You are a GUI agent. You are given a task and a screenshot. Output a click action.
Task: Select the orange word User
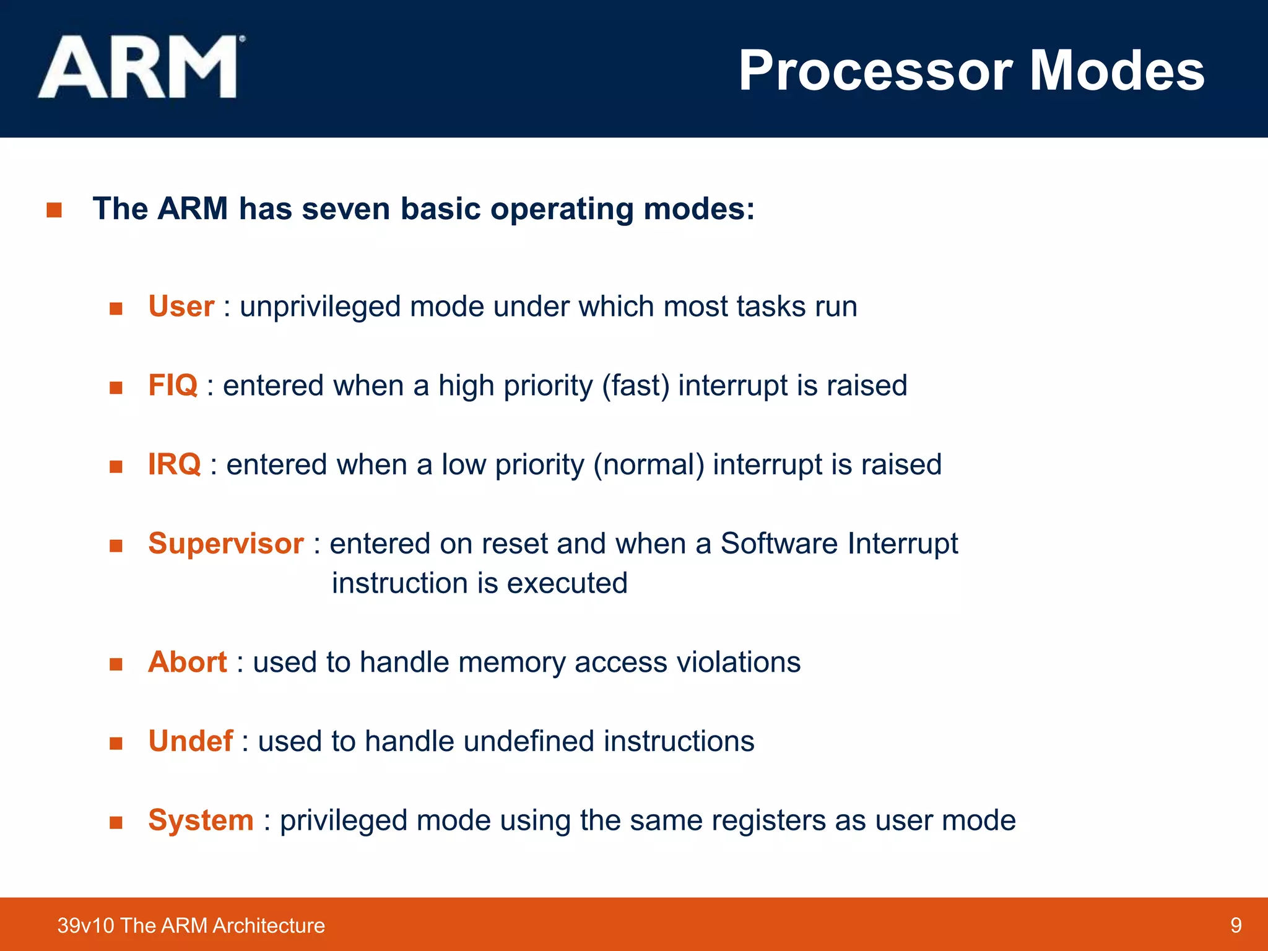181,306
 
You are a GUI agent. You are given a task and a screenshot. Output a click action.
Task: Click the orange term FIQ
173,385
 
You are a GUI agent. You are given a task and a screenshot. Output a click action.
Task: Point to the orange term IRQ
175,464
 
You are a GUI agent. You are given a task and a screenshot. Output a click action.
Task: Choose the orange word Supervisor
226,544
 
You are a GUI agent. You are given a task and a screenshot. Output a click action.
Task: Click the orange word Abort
188,662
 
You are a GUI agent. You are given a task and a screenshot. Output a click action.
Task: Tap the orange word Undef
191,741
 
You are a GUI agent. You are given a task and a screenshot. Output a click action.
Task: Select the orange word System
201,820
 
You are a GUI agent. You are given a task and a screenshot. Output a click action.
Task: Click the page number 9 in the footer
1236,925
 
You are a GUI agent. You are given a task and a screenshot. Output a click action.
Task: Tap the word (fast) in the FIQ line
636,386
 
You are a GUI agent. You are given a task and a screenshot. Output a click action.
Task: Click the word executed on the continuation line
567,583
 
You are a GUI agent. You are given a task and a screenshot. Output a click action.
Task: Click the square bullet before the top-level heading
54,210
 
